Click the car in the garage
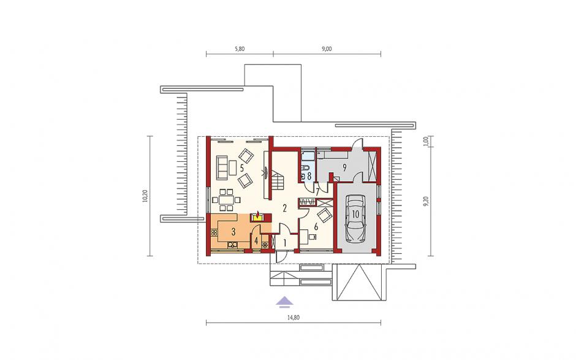(x=355, y=218)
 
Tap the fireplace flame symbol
(x=258, y=214)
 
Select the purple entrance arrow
(x=285, y=301)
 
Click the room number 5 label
(x=241, y=168)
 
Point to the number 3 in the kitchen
(x=233, y=232)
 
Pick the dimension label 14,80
(x=294, y=318)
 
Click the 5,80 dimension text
(x=239, y=48)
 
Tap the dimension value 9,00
(x=327, y=48)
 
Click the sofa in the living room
(x=222, y=167)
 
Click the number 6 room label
(x=316, y=227)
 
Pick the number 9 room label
(x=344, y=167)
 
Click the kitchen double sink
(x=233, y=243)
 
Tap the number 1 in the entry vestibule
(x=285, y=243)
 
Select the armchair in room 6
(x=324, y=215)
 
